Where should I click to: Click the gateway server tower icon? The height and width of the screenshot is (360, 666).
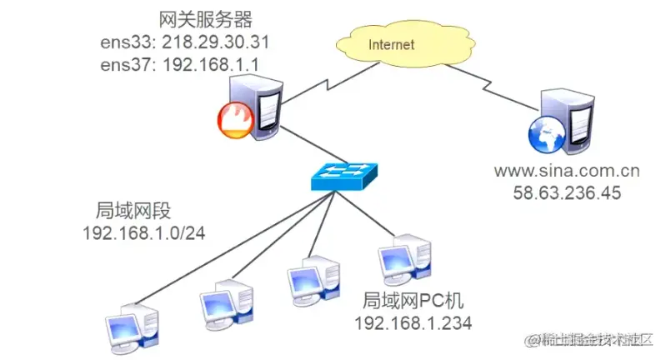pos(258,104)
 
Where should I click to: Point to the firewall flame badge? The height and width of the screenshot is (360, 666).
pos(235,121)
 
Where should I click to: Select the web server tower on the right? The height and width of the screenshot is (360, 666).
pos(568,121)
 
